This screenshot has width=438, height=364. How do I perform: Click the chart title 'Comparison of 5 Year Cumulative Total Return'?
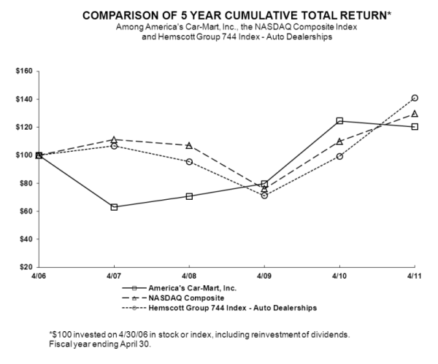pos(218,15)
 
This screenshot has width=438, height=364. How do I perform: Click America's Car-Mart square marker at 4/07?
pos(114,207)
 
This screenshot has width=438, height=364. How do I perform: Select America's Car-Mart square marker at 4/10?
pos(339,121)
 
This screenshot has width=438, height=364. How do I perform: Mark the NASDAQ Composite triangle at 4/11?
pos(415,114)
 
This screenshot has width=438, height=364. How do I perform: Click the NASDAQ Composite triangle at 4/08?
pos(189,146)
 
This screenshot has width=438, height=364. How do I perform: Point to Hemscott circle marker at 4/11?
pos(415,98)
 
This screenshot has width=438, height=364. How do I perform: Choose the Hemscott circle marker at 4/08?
pos(189,161)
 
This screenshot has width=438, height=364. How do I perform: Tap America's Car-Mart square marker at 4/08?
pos(189,196)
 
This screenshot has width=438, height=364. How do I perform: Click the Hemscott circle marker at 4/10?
pos(339,156)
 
